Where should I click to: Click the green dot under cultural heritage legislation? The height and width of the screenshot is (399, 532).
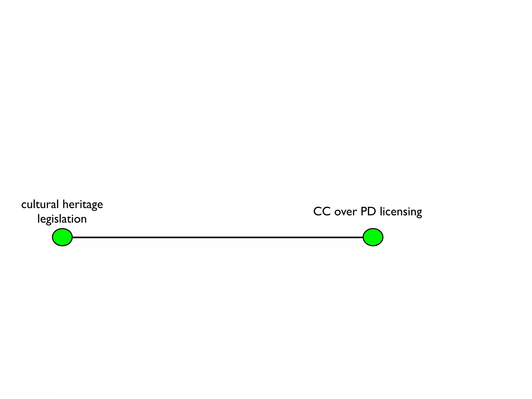62,237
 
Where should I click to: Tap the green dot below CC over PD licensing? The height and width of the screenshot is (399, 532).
373,237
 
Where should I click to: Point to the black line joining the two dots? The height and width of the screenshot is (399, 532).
218,237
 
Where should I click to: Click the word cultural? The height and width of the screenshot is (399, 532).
40,204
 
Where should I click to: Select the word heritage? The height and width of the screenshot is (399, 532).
83,205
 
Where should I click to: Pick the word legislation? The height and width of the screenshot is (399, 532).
62,219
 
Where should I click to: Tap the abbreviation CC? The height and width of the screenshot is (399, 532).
322,212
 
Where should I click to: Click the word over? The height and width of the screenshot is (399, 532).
345,212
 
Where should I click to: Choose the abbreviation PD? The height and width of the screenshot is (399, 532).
368,212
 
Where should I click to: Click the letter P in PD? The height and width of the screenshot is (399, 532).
364,212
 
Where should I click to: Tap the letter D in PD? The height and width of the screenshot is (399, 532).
372,212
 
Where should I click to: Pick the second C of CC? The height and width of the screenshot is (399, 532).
326,212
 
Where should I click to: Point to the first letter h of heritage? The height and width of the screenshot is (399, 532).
65,204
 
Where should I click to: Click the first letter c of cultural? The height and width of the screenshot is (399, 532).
24,205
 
